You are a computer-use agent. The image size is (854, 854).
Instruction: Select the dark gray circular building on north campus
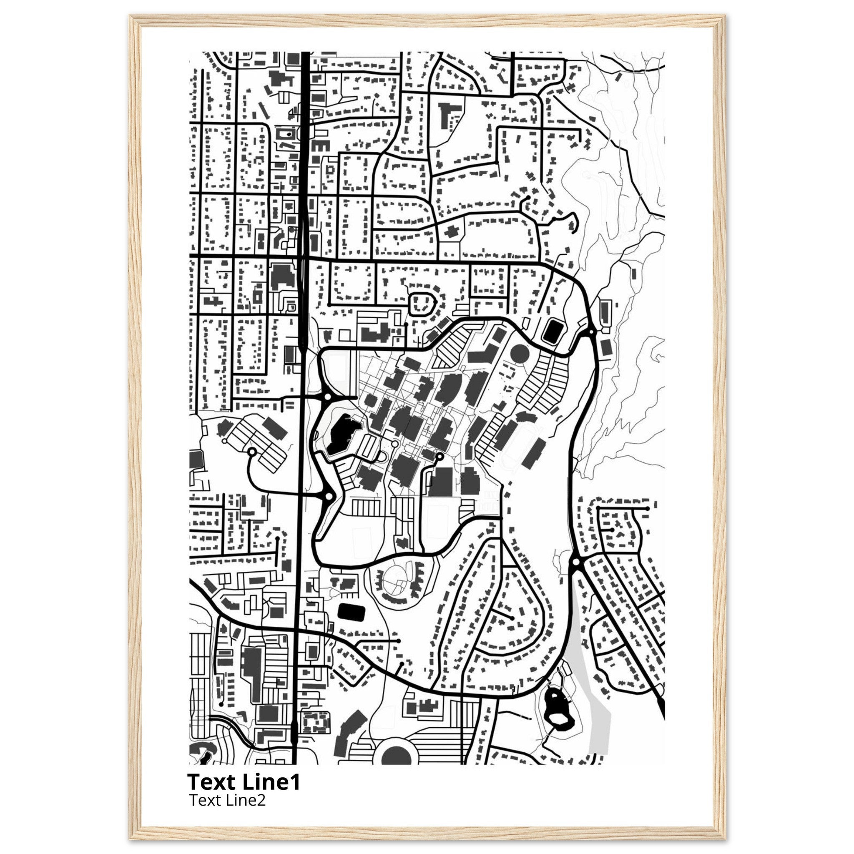520,353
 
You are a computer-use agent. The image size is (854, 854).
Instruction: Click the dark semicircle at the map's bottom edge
396,757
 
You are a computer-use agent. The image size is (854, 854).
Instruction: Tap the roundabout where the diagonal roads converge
575,562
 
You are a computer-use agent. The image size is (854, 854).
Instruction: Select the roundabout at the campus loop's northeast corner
590,332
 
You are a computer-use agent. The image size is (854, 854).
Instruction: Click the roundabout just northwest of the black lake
327,397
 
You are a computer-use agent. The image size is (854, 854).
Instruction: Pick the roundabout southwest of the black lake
329,496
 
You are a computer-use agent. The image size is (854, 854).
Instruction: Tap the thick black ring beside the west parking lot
252,452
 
